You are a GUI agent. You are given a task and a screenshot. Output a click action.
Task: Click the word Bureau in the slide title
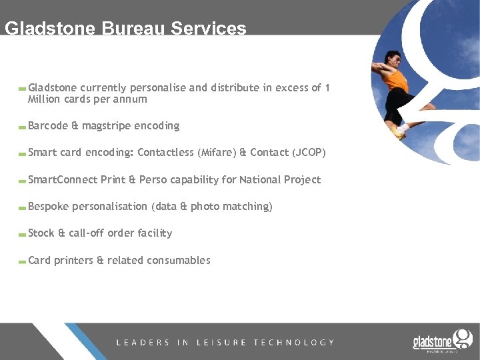(134, 29)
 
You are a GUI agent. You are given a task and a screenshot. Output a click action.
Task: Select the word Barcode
(48, 126)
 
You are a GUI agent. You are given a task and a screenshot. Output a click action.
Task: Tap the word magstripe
(107, 126)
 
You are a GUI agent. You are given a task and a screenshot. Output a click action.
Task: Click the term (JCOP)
(309, 153)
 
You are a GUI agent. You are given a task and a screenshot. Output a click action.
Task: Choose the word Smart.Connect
(63, 179)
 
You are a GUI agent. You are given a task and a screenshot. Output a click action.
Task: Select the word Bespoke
(48, 207)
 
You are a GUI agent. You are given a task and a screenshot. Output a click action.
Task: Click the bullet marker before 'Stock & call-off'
(23, 235)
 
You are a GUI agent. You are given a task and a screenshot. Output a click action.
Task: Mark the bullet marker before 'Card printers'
(23, 261)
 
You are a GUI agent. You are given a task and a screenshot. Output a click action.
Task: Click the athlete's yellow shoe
(399, 131)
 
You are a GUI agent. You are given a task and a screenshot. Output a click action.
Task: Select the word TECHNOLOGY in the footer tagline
(293, 343)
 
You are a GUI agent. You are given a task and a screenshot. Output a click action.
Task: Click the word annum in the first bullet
(131, 99)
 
